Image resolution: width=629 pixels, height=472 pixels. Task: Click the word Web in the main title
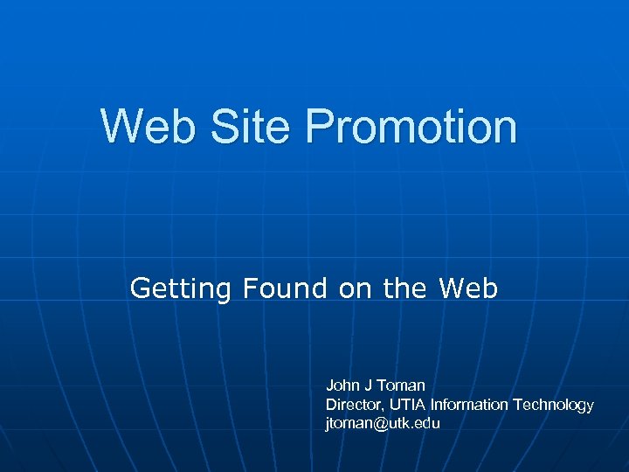(148, 127)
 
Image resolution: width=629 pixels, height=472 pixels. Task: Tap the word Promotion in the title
(412, 127)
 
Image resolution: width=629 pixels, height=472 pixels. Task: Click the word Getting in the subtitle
(181, 288)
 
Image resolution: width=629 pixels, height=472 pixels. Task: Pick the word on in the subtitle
(355, 288)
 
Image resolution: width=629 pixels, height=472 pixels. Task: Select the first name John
(341, 385)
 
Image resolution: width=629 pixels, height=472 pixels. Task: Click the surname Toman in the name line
(401, 385)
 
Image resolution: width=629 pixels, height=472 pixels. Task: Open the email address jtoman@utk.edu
(383, 424)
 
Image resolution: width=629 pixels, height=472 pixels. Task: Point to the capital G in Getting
(140, 288)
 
